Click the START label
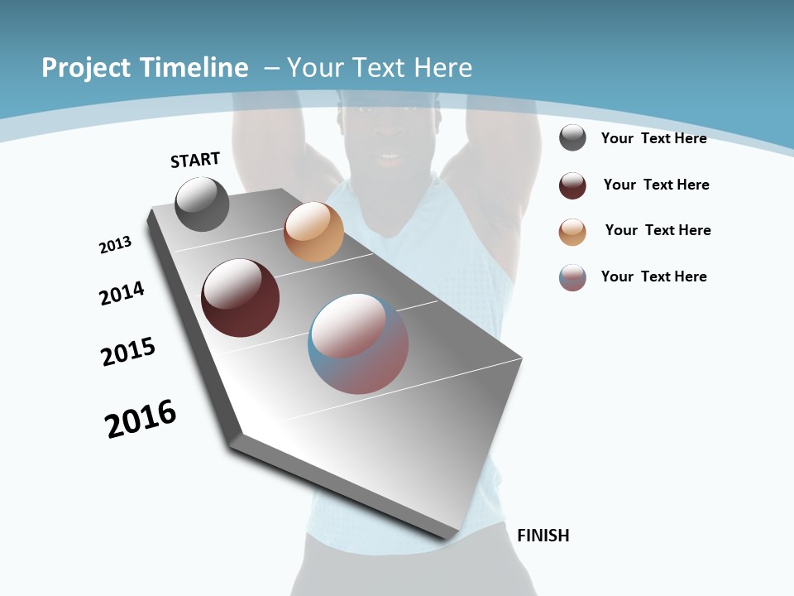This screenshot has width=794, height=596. coord(195,160)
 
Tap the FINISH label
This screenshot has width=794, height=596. coord(543,536)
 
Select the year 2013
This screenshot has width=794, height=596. coord(115,245)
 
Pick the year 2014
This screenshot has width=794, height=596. coord(122,293)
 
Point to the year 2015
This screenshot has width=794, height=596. coord(128,352)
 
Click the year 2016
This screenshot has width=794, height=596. coord(141,419)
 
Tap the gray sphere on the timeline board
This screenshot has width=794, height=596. coord(203,204)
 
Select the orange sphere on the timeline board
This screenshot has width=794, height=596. coord(313,232)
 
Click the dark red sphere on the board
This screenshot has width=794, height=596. coord(240,298)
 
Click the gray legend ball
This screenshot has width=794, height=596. coord(572,138)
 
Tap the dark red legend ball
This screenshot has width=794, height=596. coord(572,185)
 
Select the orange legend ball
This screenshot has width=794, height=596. coord(572,232)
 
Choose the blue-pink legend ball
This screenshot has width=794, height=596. coord(572,277)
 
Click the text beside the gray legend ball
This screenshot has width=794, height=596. coord(653,138)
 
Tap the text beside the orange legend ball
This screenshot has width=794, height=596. coord(658,230)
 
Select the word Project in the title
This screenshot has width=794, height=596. coord(84,68)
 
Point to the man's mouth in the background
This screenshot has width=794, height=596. coord(388,157)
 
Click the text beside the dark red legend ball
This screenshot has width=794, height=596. coord(656,185)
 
